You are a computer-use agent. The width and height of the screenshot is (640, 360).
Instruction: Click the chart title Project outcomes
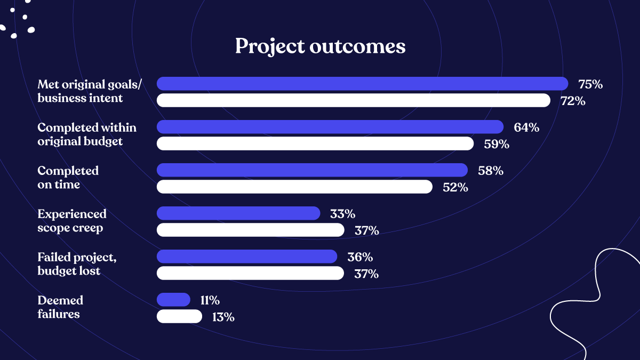320,46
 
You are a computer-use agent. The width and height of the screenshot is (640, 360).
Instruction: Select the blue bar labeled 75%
362,84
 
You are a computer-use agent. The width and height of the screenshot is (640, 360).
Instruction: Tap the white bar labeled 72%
353,100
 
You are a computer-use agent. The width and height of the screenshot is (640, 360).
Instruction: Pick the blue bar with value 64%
330,127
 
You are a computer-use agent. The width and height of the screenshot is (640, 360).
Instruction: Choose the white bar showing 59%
315,143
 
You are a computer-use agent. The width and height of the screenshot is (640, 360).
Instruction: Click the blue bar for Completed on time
312,170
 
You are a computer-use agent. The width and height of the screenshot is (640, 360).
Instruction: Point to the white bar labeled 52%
294,187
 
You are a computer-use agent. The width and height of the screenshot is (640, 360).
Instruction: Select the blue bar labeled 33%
238,213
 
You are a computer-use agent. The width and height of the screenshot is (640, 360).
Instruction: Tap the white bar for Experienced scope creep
250,230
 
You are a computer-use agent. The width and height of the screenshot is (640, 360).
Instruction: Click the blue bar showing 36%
246,257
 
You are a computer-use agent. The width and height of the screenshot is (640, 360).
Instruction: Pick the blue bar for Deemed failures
173,300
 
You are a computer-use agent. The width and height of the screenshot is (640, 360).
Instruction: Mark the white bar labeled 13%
179,316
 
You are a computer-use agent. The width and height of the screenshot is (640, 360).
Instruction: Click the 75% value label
590,84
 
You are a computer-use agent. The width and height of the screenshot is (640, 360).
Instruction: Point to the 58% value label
491,171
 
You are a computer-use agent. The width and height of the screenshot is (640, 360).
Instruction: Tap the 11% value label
210,300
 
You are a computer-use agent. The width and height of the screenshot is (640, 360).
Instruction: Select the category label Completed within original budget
86,134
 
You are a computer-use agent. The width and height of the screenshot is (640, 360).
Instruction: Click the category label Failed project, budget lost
77,264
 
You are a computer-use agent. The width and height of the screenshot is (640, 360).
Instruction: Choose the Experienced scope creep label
72,221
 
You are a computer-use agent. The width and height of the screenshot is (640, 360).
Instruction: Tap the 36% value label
360,257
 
